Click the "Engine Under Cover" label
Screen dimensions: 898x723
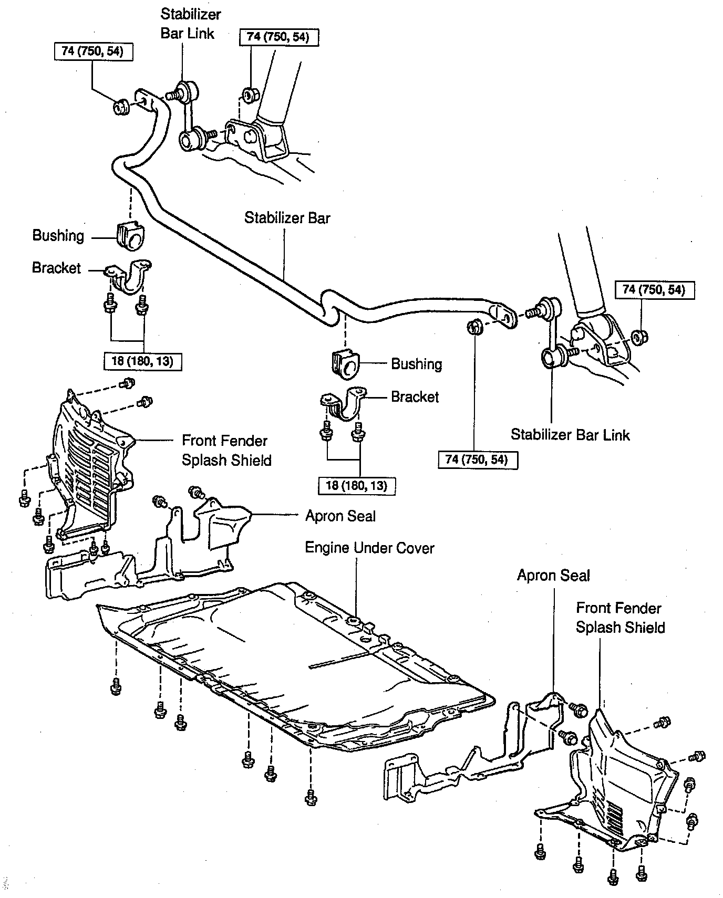coord(369,548)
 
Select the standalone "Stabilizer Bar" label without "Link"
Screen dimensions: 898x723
coord(287,217)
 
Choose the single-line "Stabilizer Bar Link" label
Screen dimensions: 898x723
coord(570,435)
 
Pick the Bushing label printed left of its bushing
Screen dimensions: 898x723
coord(58,236)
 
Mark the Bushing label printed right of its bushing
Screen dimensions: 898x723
coord(417,364)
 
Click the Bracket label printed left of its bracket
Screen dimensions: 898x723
coord(57,268)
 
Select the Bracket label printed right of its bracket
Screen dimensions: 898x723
coord(415,396)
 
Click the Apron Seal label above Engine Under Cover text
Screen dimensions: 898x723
coord(340,516)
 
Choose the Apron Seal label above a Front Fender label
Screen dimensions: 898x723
coord(553,576)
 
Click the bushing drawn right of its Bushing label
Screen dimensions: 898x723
coord(130,236)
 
